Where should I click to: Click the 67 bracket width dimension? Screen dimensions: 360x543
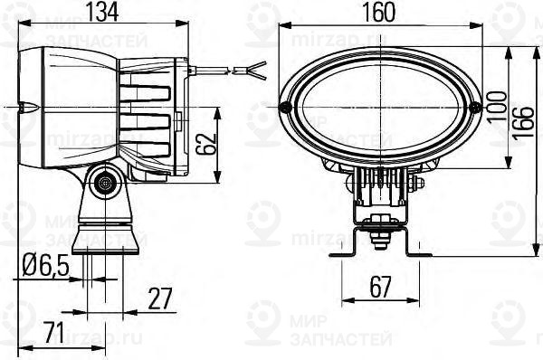pyautogui.click(x=379, y=289)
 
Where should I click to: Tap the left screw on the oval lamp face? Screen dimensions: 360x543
pyautogui.click(x=285, y=108)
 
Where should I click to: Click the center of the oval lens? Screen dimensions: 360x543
pyautogui.click(x=380, y=108)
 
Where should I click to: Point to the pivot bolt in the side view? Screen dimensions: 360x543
pyautogui.click(x=106, y=184)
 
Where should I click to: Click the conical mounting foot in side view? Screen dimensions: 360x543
pyautogui.click(x=106, y=234)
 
